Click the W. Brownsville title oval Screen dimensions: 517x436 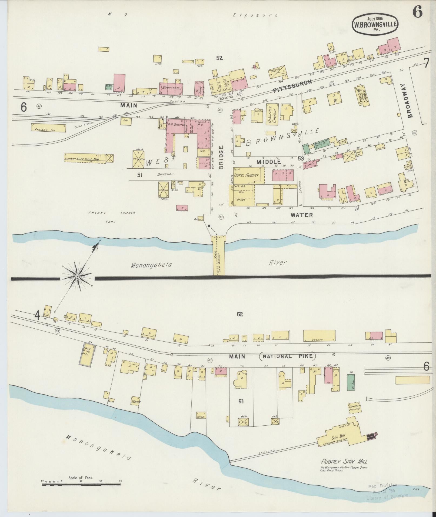(x=375, y=25)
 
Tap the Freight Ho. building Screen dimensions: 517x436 (x=48, y=128)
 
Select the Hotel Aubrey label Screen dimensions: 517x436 (x=246, y=175)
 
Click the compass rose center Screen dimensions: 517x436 (x=77, y=276)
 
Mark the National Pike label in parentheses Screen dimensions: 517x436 (x=287, y=356)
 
